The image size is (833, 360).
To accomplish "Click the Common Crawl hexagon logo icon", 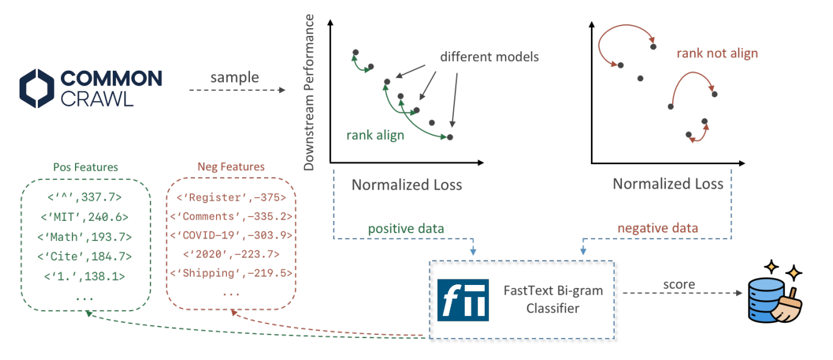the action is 37,88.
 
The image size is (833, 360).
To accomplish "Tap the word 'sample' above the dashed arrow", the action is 235,77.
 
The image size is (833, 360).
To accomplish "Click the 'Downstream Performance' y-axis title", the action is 309,92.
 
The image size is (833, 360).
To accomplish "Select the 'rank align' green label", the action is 375,135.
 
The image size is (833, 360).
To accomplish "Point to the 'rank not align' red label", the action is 717,53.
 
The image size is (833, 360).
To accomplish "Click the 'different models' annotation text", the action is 490,57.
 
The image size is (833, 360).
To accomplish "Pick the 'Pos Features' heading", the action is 85,167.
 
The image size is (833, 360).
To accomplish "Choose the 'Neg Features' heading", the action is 231,167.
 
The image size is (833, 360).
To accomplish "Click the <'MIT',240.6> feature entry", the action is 84,217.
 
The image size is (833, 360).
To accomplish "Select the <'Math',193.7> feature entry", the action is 84,237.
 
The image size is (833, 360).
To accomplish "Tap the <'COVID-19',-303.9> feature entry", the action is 231,236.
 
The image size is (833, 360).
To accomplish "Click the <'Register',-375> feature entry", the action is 231,197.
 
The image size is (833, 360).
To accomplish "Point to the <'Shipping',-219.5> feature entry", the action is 231,273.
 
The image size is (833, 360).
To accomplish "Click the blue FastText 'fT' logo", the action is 463,300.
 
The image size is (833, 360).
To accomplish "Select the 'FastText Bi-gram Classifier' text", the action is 553,300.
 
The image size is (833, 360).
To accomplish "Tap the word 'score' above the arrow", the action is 679,284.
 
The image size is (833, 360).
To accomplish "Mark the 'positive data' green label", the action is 406,229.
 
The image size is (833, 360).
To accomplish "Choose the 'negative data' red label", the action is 658,228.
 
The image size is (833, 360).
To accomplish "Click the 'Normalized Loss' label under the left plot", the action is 407,185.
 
